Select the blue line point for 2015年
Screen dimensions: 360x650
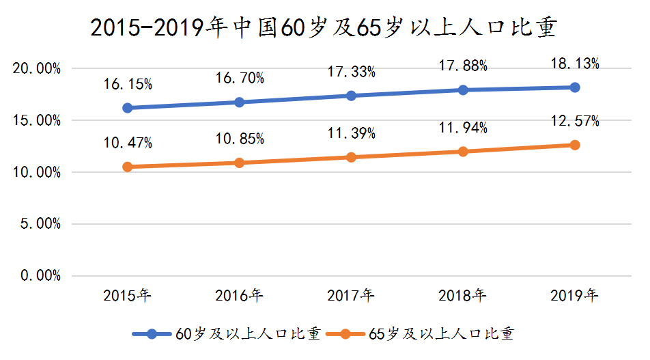128,108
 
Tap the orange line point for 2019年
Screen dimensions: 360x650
575,145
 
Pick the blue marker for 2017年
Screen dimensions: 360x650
351,96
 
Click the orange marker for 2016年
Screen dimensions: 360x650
239,163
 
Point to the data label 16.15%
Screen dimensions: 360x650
128,85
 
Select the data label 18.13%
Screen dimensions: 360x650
575,64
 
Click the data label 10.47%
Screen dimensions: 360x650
128,143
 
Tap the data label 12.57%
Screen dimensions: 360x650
575,122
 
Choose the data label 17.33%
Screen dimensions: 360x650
351,72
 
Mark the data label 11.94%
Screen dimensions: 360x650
463,127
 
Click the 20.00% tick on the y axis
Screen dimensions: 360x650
37,69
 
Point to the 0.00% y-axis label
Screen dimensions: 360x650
40,276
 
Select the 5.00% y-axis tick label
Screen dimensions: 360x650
40,224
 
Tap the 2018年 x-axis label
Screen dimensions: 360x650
463,296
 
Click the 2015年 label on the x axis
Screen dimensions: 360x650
128,296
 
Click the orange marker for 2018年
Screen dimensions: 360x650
463,151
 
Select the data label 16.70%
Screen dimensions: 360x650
239,79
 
